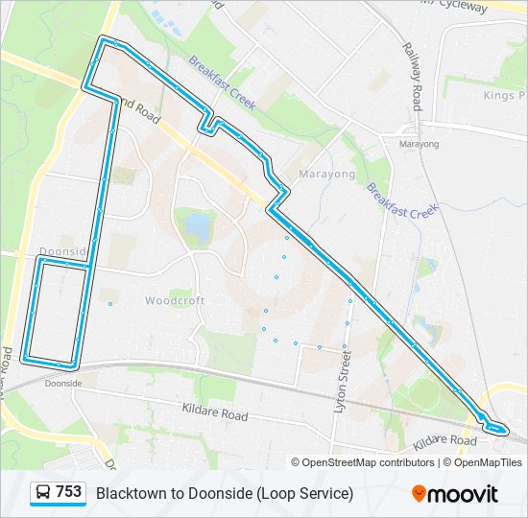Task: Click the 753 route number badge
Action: coord(68,492)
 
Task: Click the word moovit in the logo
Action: coord(463,494)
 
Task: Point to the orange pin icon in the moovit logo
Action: coord(419,493)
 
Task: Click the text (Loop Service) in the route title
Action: coord(306,493)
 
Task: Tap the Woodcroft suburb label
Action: coord(175,300)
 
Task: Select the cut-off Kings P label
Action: coord(505,96)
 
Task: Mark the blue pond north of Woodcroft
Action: coord(198,226)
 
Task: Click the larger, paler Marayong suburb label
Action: coord(326,175)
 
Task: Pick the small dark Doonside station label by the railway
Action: coord(63,382)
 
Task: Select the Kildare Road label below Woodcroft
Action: coord(215,412)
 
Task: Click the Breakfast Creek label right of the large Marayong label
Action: coord(402,199)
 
